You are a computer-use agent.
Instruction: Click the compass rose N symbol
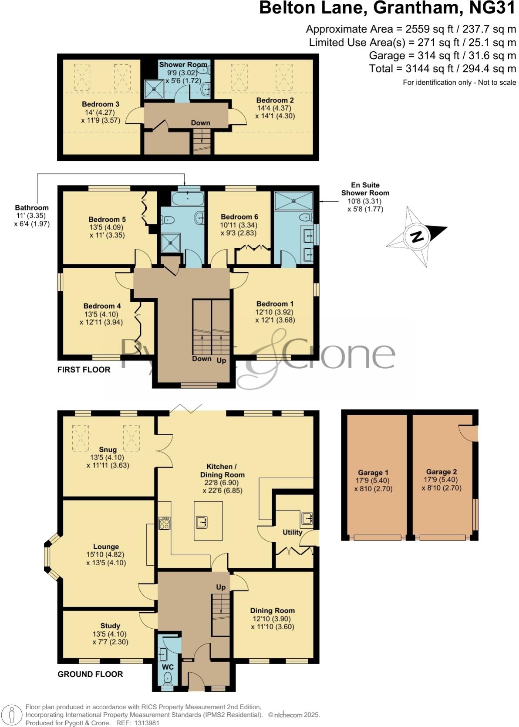click(417, 237)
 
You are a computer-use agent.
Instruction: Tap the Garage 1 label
click(373, 473)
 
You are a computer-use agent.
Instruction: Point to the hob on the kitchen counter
click(165, 523)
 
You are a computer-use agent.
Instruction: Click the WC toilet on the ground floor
click(168, 678)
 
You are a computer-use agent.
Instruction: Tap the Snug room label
click(108, 450)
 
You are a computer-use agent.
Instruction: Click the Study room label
click(110, 626)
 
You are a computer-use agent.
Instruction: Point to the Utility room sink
click(307, 518)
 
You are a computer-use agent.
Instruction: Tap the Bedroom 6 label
click(236, 217)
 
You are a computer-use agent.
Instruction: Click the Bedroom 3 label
click(101, 104)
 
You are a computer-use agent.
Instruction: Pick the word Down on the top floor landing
click(200, 123)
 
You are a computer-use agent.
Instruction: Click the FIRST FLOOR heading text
click(84, 370)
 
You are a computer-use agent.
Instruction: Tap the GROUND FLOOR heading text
click(90, 674)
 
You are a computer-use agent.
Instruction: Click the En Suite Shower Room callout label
click(365, 189)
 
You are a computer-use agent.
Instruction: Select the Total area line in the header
click(442, 69)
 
